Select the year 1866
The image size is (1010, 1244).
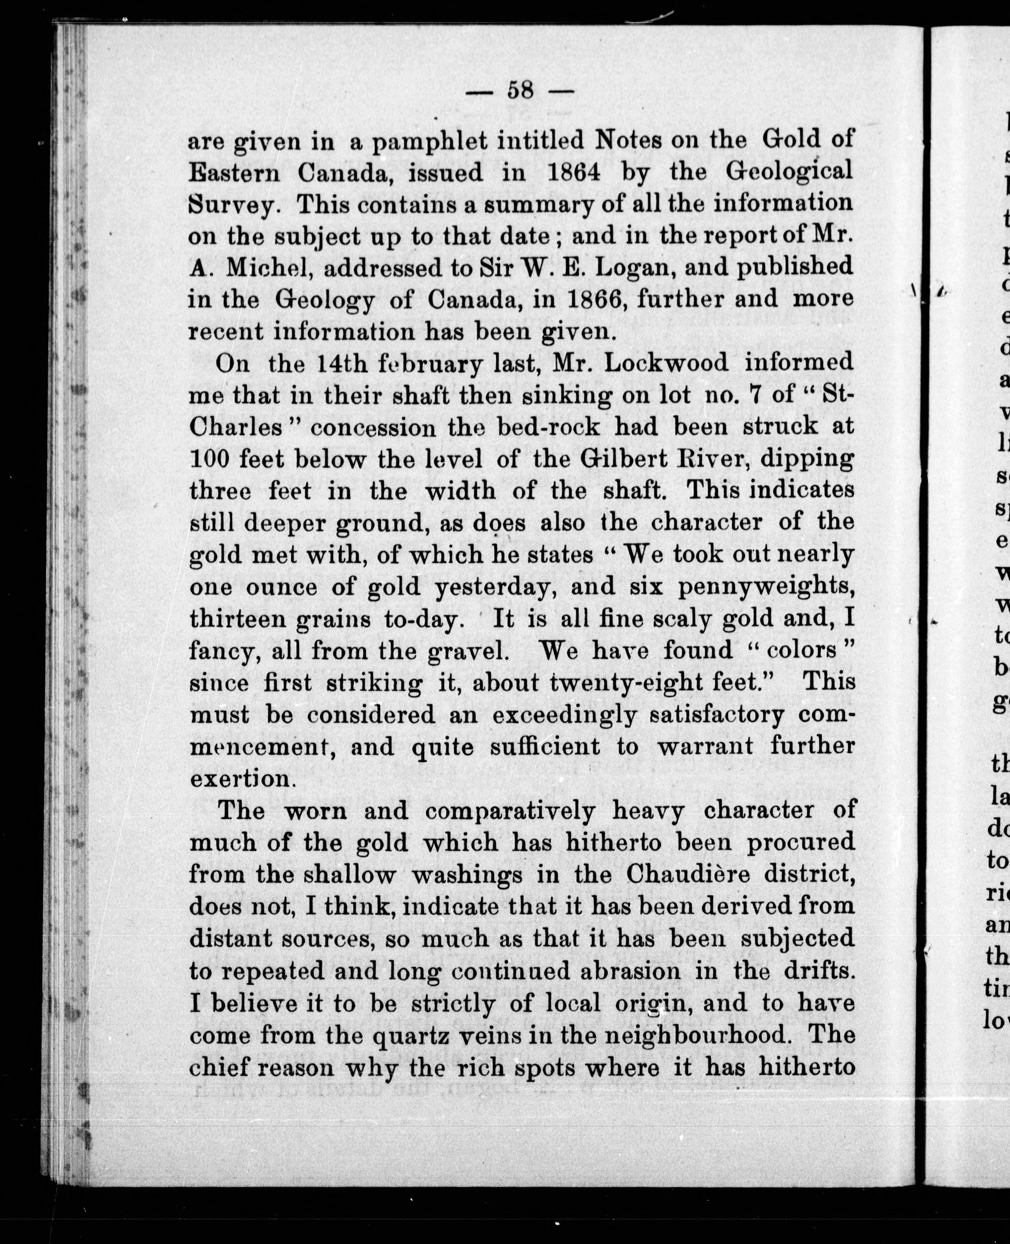click(596, 299)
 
